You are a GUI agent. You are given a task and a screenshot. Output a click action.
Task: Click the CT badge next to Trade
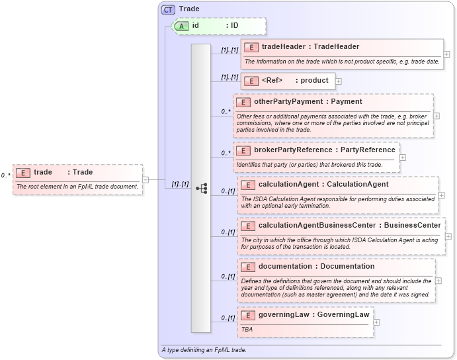tap(169, 9)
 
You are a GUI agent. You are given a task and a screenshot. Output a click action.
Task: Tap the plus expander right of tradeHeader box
tap(447, 54)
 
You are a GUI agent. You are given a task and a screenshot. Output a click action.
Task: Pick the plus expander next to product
tap(339, 81)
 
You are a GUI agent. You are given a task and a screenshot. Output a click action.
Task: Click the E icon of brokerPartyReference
tap(243, 150)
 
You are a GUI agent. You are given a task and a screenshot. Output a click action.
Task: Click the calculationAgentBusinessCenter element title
tap(349, 226)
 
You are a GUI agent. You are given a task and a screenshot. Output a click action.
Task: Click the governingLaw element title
tap(313, 315)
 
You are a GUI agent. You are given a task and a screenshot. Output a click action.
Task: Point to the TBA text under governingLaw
tap(247, 329)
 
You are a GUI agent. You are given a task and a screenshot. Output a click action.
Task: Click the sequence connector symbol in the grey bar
tap(202, 188)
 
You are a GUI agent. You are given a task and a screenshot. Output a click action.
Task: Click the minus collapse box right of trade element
tap(145, 179)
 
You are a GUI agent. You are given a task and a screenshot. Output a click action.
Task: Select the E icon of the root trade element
tap(24, 173)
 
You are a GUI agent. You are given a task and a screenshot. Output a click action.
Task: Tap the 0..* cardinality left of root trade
tap(6, 175)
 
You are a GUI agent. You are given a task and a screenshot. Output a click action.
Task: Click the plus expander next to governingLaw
tap(377, 322)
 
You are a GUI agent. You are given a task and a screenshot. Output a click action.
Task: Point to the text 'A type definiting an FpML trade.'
tap(204, 349)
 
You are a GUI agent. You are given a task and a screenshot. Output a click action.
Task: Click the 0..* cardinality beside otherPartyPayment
tap(226, 112)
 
